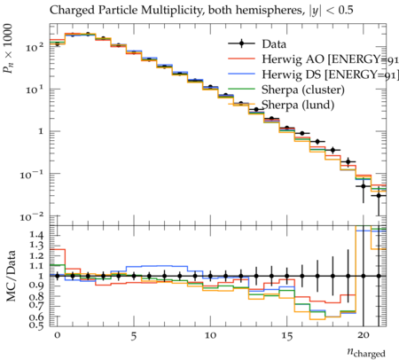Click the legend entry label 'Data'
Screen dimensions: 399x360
click(274, 44)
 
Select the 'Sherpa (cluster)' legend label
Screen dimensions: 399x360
click(303, 90)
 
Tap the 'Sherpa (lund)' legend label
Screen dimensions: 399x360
click(298, 106)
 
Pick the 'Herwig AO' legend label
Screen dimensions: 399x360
click(293, 59)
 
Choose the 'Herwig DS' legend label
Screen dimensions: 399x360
click(292, 74)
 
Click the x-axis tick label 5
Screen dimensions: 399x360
click(134, 336)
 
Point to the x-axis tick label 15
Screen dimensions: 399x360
click(286, 336)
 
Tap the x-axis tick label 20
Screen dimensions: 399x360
click(364, 336)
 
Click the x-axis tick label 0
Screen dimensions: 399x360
click(58, 336)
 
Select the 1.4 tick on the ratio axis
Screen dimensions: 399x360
click(36, 235)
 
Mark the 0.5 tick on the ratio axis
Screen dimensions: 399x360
click(36, 325)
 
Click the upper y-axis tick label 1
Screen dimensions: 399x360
click(41, 131)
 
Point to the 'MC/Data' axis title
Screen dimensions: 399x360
click(12, 276)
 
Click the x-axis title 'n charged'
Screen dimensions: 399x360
click(366, 352)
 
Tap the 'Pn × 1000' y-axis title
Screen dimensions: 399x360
click(8, 49)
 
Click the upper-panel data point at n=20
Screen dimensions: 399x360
click(364, 186)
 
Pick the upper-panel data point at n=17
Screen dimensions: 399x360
click(317, 142)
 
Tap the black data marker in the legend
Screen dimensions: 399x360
click(241, 43)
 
